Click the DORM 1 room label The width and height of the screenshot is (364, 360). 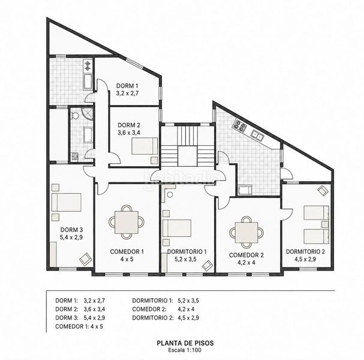pos(125,86)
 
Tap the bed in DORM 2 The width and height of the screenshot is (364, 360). pos(145,146)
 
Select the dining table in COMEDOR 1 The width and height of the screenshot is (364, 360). pos(127,222)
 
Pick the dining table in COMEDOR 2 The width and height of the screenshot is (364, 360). pos(246,232)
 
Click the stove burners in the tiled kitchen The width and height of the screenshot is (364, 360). pos(240,125)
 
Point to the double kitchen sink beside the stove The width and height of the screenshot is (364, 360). pos(257,135)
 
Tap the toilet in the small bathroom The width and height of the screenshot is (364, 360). pos(75,115)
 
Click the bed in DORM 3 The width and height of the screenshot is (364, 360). pos(67,202)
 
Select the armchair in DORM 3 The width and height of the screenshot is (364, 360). pos(85,259)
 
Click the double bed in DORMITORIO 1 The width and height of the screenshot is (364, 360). pos(177,229)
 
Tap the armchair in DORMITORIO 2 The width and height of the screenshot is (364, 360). pos(323,191)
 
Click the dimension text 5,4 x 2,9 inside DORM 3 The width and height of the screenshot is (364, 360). pos(71,238)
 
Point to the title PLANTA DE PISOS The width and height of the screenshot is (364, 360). pos(185,343)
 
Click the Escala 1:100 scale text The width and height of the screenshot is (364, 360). pos(185,350)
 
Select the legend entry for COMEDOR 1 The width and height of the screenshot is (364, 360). pos(79,326)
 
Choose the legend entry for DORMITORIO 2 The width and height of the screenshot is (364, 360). pos(166,318)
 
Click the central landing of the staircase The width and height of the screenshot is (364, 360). pos(187,156)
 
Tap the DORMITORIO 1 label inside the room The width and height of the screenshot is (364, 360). pos(187,251)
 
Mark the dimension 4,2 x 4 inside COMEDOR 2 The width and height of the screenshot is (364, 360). pos(246,262)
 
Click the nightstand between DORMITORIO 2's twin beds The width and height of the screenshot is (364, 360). pos(325,224)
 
